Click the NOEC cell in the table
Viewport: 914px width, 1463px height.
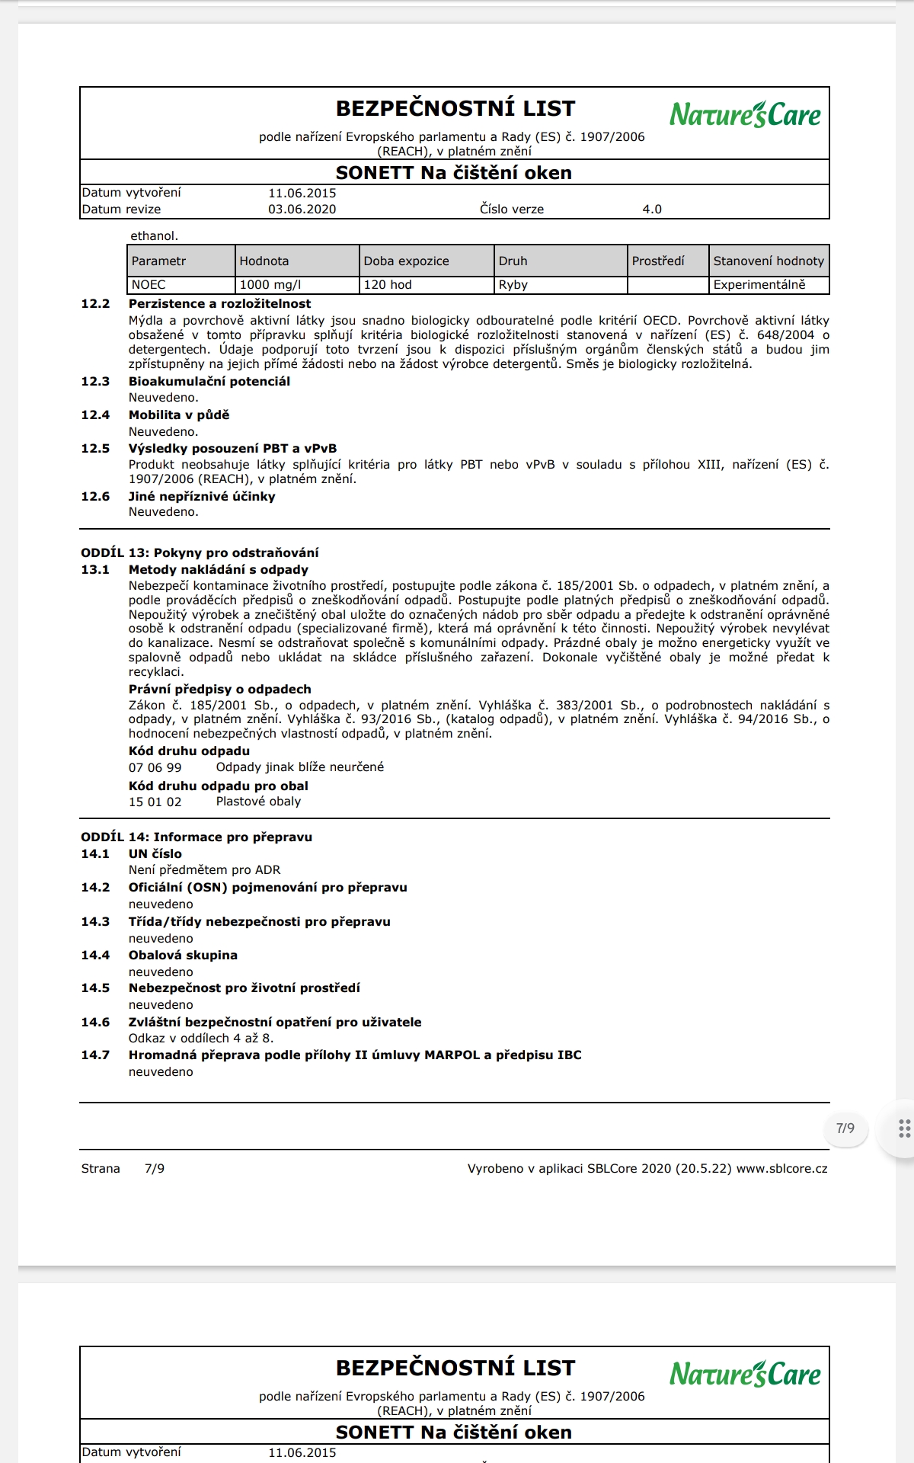pyautogui.click(x=149, y=285)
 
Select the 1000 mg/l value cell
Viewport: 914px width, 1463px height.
pyautogui.click(x=270, y=285)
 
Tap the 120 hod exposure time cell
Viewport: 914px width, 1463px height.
pyautogui.click(x=388, y=285)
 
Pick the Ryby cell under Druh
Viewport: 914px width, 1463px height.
pyautogui.click(x=513, y=285)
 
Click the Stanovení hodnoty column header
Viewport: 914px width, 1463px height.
pyautogui.click(x=769, y=261)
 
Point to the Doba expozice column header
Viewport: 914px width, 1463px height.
pyautogui.click(x=406, y=261)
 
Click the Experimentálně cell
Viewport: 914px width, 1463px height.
pyautogui.click(x=759, y=285)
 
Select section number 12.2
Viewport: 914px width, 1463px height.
pyautogui.click(x=96, y=303)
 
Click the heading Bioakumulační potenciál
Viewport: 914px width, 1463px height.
pyautogui.click(x=209, y=381)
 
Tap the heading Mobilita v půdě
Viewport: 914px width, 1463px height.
pyautogui.click(x=179, y=415)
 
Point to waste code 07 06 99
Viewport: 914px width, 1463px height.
pyautogui.click(x=155, y=767)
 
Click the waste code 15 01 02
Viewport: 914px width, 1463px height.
pyautogui.click(x=155, y=802)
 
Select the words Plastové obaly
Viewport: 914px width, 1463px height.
pyautogui.click(x=258, y=802)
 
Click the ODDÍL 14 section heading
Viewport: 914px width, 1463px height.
pyautogui.click(x=197, y=837)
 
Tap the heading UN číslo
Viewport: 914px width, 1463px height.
pyautogui.click(x=155, y=853)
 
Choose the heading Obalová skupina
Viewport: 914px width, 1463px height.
pyautogui.click(x=183, y=955)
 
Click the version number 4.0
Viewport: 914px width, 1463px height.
pyautogui.click(x=652, y=209)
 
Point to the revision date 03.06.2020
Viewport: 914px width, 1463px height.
pyautogui.click(x=302, y=209)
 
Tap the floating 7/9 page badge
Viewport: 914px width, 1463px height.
pyautogui.click(x=845, y=1128)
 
